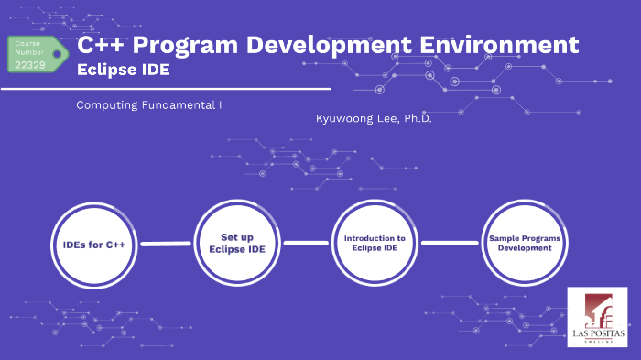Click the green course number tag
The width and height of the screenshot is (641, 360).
click(x=38, y=54)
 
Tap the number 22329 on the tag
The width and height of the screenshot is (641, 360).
click(x=30, y=64)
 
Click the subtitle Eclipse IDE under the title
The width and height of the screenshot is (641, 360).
click(x=123, y=69)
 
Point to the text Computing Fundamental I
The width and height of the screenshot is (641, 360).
click(x=149, y=105)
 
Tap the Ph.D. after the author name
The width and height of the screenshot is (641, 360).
click(x=413, y=119)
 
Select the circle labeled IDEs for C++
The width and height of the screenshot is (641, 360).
click(x=94, y=245)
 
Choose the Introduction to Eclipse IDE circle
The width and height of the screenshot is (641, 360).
click(x=375, y=243)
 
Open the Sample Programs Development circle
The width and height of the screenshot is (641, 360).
click(x=525, y=243)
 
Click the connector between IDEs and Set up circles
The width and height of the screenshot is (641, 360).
click(x=166, y=245)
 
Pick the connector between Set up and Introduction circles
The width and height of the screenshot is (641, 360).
click(x=306, y=244)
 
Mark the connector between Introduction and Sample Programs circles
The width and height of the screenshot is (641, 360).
click(x=449, y=244)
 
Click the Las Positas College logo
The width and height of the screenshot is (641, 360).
click(x=597, y=317)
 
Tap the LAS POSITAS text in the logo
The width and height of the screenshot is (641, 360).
click(x=597, y=334)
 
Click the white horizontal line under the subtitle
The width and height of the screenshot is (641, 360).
click(x=165, y=90)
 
